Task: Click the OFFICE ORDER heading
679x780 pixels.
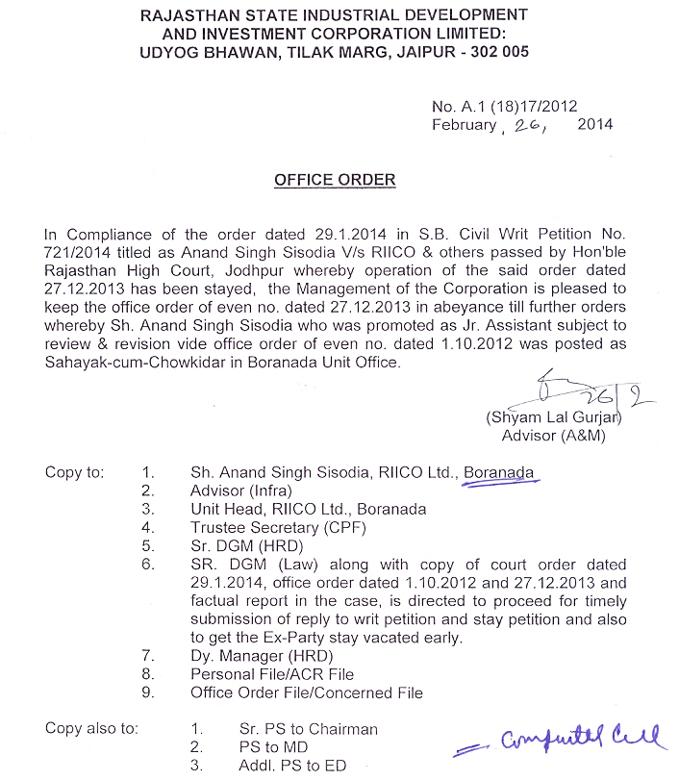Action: pyautogui.click(x=335, y=180)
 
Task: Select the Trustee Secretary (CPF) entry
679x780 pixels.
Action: pyautogui.click(x=278, y=527)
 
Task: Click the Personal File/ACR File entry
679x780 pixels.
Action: pyautogui.click(x=272, y=674)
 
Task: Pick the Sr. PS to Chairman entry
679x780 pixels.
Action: pyautogui.click(x=308, y=729)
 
